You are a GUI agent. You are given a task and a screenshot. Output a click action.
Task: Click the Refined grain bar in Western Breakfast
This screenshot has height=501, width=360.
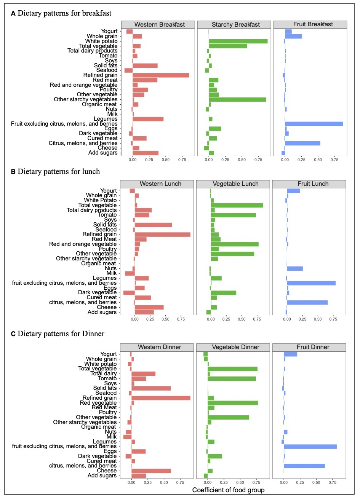(x=161, y=75)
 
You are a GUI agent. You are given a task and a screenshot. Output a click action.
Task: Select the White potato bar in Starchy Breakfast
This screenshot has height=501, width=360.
(x=238, y=41)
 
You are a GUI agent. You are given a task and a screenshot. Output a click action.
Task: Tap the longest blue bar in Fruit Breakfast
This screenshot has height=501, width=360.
(x=314, y=124)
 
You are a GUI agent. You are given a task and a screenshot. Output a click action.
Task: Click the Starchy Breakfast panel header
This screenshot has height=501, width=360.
(x=236, y=24)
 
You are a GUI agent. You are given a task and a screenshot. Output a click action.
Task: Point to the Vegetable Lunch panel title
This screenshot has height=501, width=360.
(x=235, y=184)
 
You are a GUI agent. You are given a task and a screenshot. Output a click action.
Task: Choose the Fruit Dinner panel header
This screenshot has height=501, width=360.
(x=313, y=347)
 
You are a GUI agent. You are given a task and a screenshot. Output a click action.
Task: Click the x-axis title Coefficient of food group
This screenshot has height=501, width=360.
(x=228, y=490)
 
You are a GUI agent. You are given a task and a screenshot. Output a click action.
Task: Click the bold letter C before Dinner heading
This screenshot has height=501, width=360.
(x=13, y=334)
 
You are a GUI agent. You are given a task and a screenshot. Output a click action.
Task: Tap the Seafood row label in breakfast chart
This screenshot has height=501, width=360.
(x=107, y=70)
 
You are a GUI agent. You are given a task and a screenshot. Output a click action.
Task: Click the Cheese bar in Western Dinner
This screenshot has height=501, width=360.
(x=151, y=471)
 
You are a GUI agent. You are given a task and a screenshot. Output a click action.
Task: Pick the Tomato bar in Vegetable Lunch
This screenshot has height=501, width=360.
(x=234, y=215)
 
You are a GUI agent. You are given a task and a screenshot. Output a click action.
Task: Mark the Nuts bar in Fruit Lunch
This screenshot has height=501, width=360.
(x=295, y=268)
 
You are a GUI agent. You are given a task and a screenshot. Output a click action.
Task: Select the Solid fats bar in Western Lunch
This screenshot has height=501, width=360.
(x=153, y=225)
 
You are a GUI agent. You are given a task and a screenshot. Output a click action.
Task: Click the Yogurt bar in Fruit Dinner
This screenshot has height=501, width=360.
(x=290, y=354)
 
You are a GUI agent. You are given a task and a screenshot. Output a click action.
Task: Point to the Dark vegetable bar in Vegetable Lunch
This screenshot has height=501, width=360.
(x=224, y=293)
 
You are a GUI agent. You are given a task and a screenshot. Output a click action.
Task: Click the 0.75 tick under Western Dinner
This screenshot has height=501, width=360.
(x=181, y=482)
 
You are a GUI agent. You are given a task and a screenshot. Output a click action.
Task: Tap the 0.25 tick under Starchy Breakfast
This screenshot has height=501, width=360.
(x=225, y=160)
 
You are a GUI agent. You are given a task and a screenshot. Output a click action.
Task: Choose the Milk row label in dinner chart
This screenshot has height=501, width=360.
(x=112, y=437)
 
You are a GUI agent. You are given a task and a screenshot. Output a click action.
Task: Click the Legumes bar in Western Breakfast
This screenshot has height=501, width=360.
(x=148, y=119)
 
